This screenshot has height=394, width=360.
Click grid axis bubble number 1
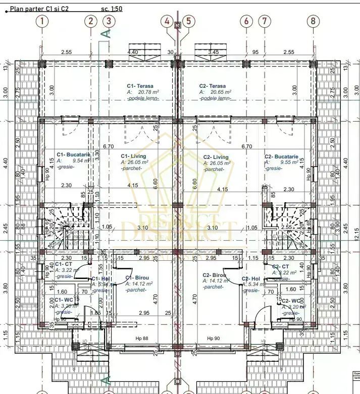click(42, 21)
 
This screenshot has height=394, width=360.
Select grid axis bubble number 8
click(313, 21)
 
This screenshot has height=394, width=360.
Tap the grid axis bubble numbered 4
click(167, 21)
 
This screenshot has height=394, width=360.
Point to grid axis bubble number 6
click(246, 21)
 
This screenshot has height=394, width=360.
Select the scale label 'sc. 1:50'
click(112, 9)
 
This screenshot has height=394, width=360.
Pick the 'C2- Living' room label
click(216, 157)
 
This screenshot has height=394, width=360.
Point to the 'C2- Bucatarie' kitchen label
click(281, 157)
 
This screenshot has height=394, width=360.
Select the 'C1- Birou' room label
click(136, 277)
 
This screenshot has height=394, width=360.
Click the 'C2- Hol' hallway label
click(250, 278)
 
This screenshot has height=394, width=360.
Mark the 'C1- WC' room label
click(63, 300)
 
